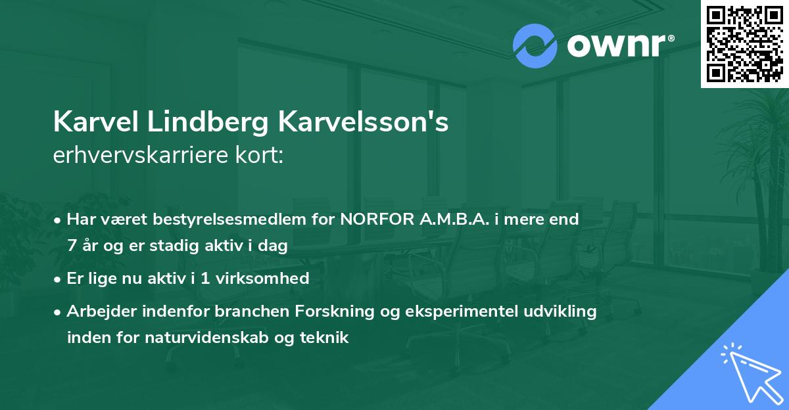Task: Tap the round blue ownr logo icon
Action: tap(535, 45)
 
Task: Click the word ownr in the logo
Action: tap(618, 45)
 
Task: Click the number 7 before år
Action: tap(71, 246)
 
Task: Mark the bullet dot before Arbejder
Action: tap(58, 311)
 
